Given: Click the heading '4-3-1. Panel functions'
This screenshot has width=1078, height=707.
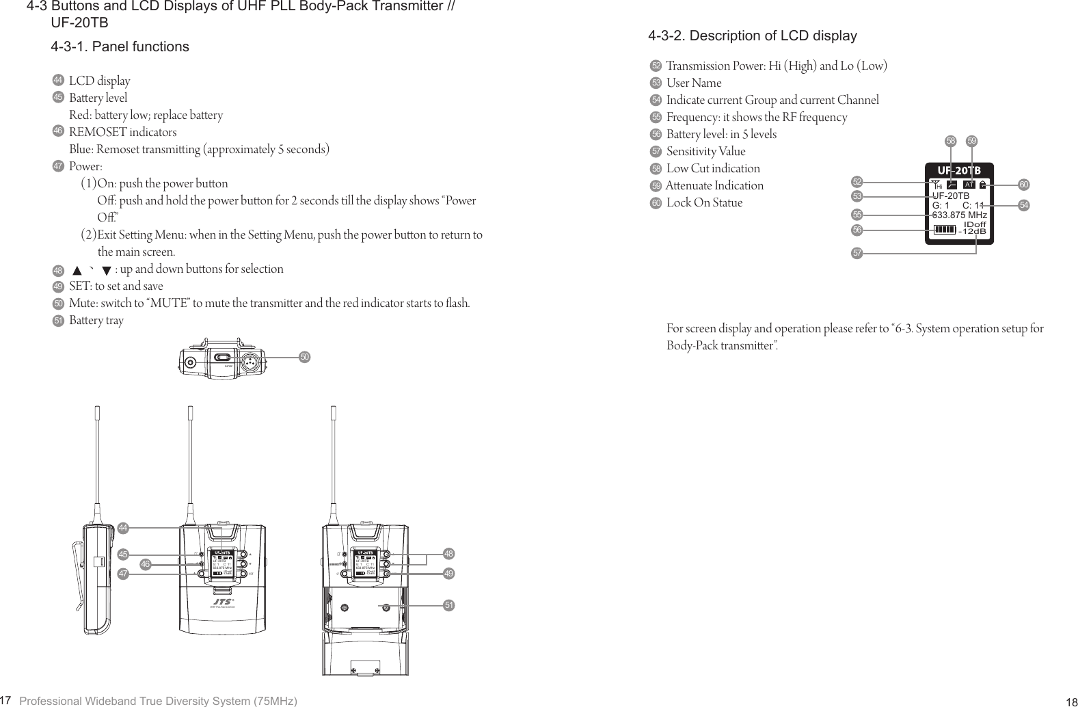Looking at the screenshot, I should (120, 47).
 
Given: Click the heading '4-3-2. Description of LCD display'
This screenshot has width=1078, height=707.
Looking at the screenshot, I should (752, 36).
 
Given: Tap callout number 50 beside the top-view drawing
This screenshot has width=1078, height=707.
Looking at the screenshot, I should (305, 357).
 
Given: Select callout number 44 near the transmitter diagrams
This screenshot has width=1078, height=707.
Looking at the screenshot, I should (123, 529).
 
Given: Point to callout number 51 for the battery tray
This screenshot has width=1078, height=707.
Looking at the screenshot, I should (449, 606).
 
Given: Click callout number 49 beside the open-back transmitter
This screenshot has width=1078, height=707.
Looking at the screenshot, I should (449, 574).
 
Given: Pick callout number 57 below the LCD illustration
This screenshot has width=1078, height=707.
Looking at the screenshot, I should (857, 254).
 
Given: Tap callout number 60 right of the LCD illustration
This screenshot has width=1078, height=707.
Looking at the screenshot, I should (1023, 185).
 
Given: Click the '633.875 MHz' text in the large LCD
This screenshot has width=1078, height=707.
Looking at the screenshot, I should (959, 215).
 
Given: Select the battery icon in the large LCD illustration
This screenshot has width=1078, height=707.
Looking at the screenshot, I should (945, 229).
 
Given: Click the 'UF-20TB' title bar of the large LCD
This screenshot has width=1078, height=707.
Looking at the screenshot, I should (958, 170).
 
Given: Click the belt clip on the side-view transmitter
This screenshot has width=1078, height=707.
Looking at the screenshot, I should (78, 574).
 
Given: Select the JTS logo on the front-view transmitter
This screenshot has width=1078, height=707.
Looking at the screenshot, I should (222, 601).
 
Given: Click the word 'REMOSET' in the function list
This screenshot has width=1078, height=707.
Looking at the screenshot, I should (98, 132).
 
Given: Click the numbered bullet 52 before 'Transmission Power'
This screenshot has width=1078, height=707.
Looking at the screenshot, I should (656, 66).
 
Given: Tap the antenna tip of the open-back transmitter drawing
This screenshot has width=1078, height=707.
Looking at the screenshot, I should (334, 412).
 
